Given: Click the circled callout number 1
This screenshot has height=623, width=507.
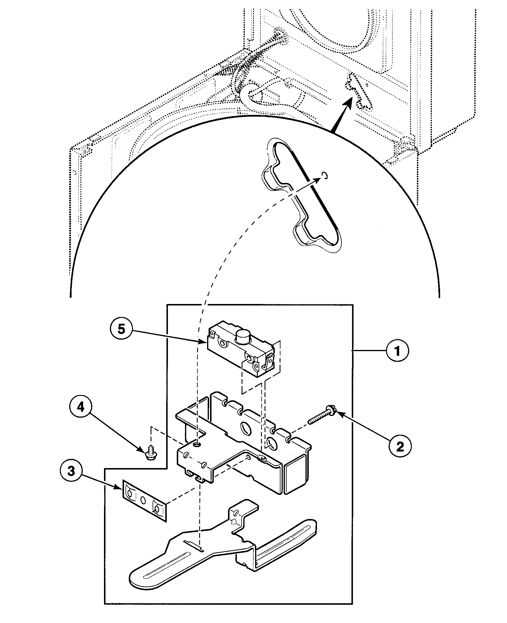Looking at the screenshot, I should pos(397,351).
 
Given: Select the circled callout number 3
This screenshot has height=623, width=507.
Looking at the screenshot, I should pos(71,479).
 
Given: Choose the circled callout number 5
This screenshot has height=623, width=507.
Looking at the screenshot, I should pos(121,330).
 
